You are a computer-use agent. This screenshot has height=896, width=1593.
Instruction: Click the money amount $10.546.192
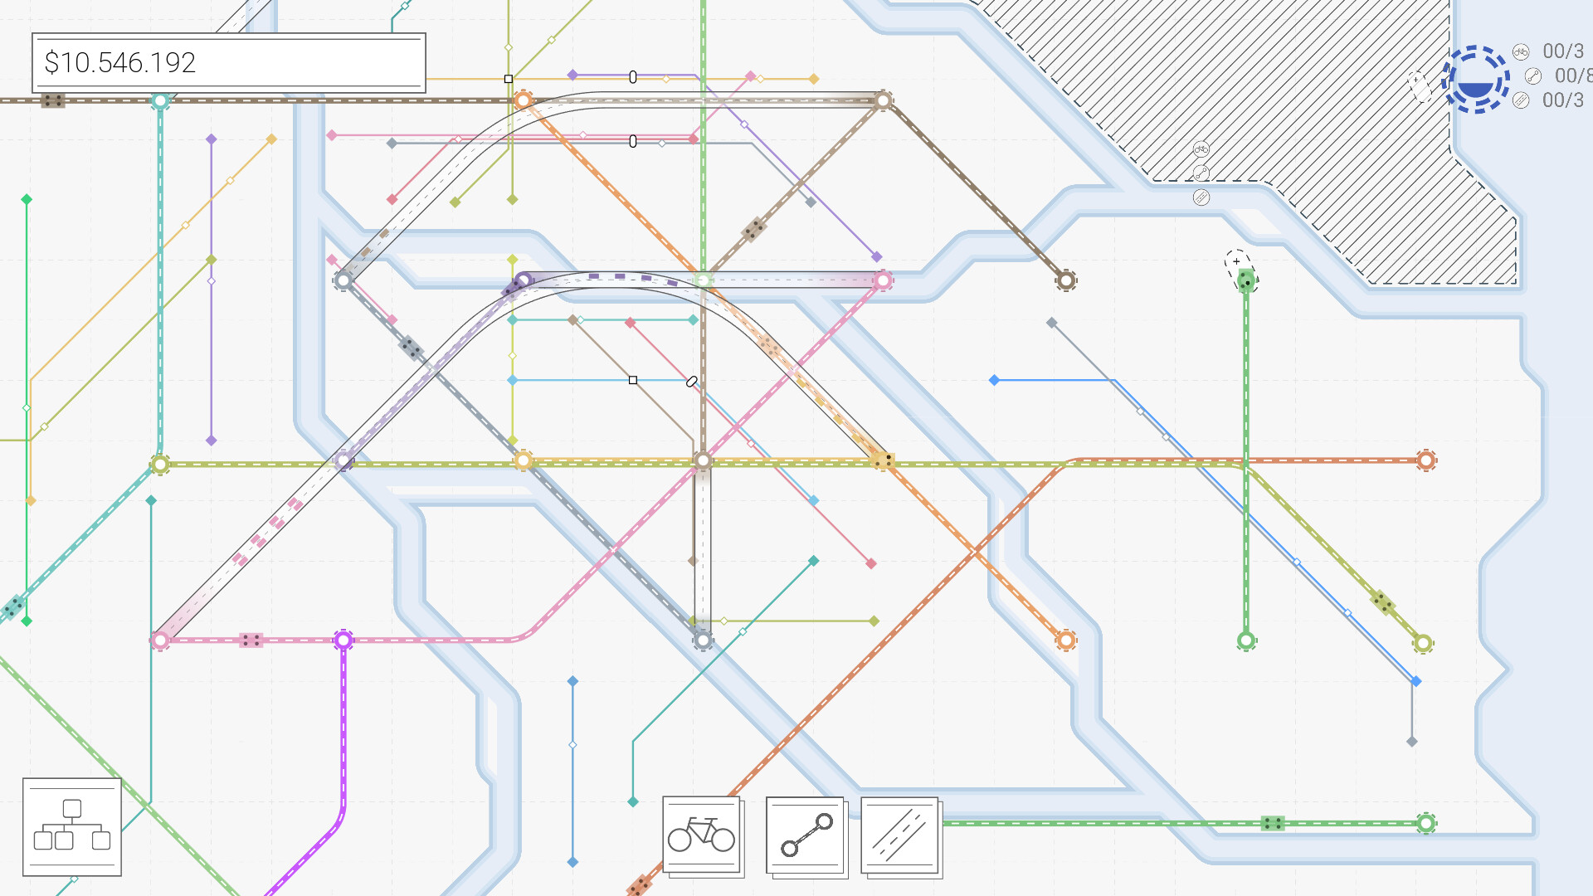coord(120,63)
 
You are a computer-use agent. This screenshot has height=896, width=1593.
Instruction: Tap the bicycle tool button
coord(701,835)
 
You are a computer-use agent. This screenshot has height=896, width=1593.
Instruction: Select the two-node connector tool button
coord(805,835)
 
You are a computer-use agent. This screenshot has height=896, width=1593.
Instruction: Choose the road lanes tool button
coord(899,835)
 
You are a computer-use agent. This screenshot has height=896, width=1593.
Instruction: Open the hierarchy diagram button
coord(72,826)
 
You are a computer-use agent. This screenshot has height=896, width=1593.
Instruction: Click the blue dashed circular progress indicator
coord(1475,80)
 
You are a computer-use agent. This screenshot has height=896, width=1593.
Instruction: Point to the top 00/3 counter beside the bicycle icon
coord(1562,51)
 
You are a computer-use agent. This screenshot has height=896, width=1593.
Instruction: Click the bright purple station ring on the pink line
coord(343,640)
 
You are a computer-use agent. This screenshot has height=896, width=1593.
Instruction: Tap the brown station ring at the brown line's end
coord(1066,280)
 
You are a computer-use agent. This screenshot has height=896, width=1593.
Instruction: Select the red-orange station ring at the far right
coord(1425,460)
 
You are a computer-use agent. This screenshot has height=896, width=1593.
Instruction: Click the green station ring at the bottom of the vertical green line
coord(1245,640)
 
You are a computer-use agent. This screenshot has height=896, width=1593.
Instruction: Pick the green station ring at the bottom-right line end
coord(1425,823)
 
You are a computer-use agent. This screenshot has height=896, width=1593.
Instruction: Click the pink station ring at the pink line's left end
coord(160,640)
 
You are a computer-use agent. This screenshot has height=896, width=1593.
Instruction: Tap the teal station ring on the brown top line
coord(160,101)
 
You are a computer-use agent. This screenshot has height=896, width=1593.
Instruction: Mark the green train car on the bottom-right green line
coord(1273,823)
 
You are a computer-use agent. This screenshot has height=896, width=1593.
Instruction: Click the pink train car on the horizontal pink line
coord(251,640)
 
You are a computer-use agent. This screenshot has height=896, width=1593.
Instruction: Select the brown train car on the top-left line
coord(53,101)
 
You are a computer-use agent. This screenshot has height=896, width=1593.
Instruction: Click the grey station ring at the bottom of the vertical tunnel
coord(703,640)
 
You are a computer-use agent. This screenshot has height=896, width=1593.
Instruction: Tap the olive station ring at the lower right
coord(1423,643)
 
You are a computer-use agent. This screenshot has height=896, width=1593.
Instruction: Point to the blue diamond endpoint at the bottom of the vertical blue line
coord(572,862)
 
